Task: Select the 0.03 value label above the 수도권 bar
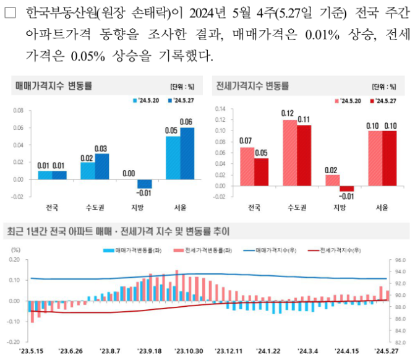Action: (100, 148)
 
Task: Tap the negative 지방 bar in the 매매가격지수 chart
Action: (144, 184)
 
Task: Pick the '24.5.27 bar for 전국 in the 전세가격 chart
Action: (262, 171)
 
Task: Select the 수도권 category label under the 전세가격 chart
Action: (296, 207)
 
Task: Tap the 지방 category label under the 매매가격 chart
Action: (137, 207)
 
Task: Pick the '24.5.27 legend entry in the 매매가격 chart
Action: (182, 99)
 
